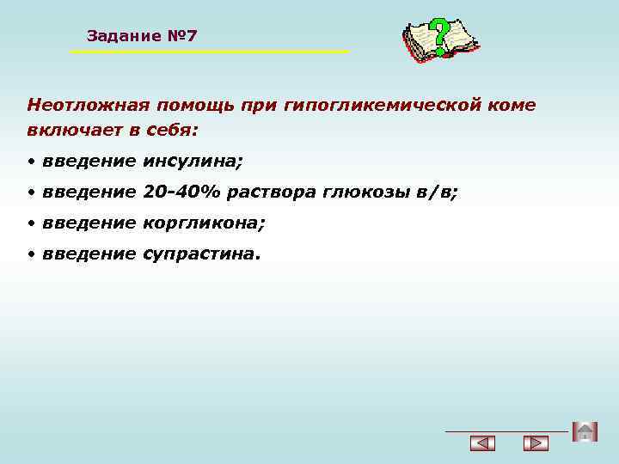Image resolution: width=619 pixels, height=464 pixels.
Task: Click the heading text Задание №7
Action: click(x=142, y=36)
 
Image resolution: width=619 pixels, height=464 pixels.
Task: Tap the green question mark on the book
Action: click(x=439, y=36)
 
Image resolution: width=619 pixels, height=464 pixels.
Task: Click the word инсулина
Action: click(x=193, y=161)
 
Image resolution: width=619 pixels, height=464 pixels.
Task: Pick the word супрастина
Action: click(x=200, y=253)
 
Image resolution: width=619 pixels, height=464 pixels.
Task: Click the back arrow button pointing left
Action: click(x=483, y=443)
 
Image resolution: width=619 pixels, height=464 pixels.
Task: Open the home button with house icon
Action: click(x=585, y=431)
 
